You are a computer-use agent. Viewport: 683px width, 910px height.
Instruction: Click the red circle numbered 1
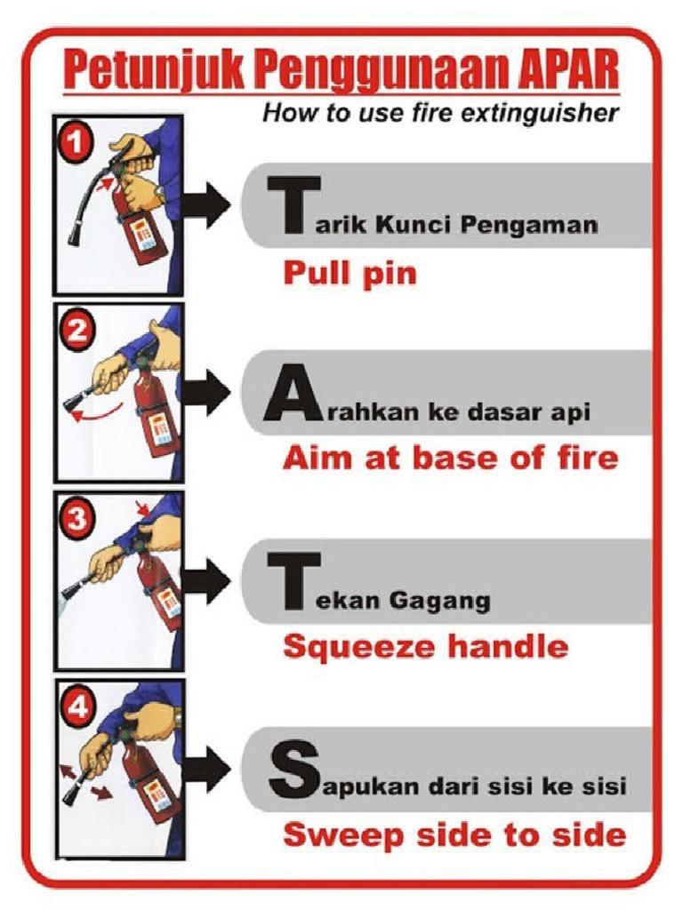tap(77, 143)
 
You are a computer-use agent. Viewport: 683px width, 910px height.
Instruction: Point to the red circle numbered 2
tap(77, 331)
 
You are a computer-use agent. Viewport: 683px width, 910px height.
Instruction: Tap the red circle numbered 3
tap(77, 517)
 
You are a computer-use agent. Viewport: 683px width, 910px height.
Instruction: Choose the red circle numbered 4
tap(77, 707)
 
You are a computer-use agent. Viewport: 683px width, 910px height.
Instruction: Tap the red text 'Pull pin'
tap(350, 273)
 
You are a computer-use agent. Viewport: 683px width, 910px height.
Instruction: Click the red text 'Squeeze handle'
tap(425, 647)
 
